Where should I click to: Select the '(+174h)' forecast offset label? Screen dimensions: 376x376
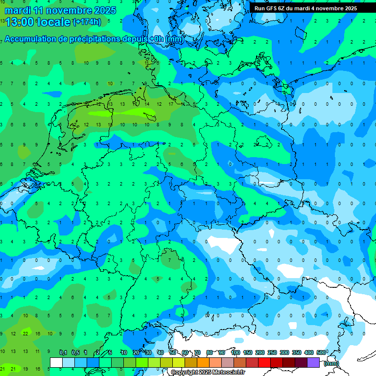point(87,22)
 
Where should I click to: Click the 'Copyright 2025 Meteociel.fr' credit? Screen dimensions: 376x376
point(208,373)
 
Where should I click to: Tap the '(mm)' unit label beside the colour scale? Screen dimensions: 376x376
point(331,363)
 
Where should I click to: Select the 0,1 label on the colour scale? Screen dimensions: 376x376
point(63,352)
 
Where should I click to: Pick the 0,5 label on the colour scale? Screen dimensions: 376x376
point(75,352)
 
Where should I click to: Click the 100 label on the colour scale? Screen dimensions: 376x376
point(235,352)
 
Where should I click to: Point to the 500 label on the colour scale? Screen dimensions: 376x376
point(321,352)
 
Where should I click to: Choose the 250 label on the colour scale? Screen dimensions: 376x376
point(272,352)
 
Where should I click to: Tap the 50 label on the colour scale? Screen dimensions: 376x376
point(173,352)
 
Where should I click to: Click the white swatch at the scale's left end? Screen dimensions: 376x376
point(56,363)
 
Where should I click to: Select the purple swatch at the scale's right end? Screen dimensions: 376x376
point(313,363)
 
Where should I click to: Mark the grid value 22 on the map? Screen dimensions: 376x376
point(25,333)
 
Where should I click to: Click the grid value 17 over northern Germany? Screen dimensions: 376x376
point(170,104)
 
